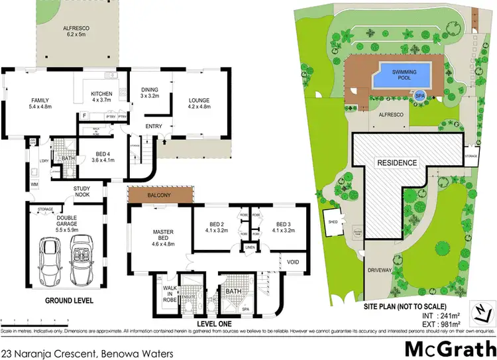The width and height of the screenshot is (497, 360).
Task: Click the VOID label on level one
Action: pyautogui.click(x=294, y=261)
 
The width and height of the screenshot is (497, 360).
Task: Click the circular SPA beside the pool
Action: pyautogui.click(x=419, y=95)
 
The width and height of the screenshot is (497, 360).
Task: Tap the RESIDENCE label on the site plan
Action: pyautogui.click(x=398, y=162)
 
